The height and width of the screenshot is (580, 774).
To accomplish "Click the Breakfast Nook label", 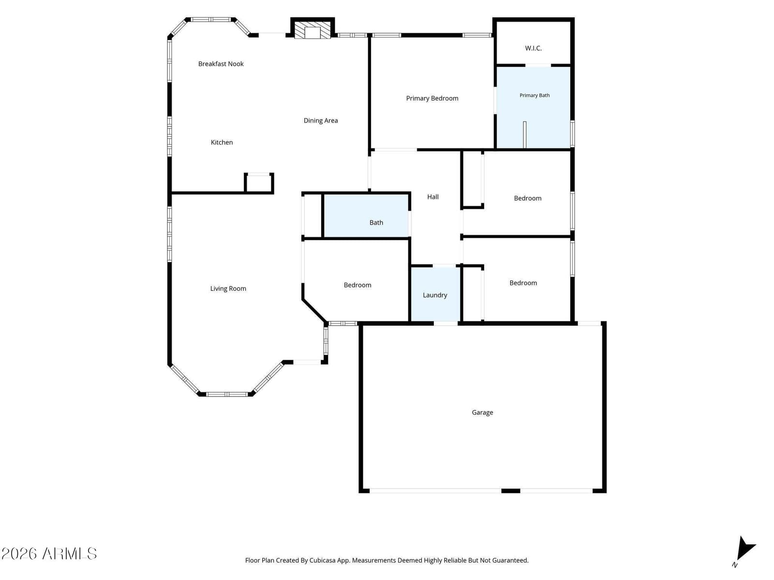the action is [x=221, y=64].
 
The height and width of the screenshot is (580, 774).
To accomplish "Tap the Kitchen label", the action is [x=222, y=142].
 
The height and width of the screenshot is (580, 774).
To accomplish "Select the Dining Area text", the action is [x=321, y=120].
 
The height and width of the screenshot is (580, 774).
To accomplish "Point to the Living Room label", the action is [x=228, y=289].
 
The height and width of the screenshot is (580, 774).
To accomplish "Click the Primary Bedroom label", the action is [x=432, y=99].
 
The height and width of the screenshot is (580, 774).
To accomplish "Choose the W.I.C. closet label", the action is [x=533, y=48].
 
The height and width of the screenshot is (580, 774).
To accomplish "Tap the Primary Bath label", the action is [x=534, y=95].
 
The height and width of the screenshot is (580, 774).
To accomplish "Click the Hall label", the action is [x=432, y=197].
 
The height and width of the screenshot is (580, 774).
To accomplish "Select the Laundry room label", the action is [x=435, y=295].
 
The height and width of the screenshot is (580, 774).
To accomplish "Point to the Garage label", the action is [x=482, y=412].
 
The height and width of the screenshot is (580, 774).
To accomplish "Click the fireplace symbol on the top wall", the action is [x=313, y=30].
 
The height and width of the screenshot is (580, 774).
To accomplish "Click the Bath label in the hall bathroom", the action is [x=376, y=222].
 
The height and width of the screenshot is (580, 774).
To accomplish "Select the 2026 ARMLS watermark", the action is [x=49, y=554].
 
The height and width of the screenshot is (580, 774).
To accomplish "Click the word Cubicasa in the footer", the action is [x=322, y=560].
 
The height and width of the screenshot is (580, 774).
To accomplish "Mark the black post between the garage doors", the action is [x=510, y=491].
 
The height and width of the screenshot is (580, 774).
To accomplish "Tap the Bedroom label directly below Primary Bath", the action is [x=527, y=198].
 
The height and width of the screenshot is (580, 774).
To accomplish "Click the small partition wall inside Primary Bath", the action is [x=524, y=135].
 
